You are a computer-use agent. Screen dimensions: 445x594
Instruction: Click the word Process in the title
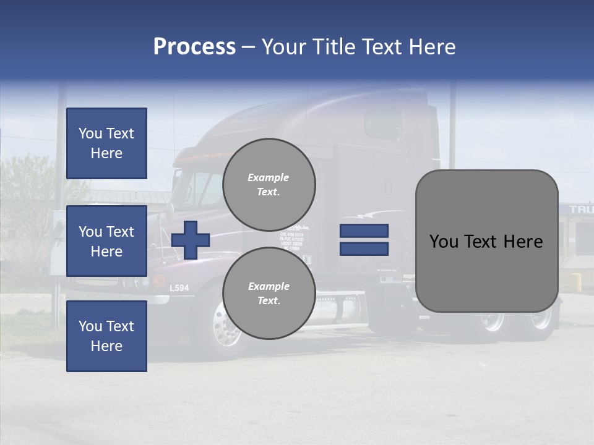194,47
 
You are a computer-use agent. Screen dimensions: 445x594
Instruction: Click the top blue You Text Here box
106,143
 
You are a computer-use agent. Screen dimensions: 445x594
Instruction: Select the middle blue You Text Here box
106,241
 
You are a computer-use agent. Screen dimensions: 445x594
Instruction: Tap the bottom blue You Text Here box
106,336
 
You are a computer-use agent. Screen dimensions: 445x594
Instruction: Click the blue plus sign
191,240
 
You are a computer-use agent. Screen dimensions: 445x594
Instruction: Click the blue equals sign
364,240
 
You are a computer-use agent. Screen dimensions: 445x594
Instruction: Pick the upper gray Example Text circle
269,184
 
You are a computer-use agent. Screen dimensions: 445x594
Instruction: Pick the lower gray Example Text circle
269,293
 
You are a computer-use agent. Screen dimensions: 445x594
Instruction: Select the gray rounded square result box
486,241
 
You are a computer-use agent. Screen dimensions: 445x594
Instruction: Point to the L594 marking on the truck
179,288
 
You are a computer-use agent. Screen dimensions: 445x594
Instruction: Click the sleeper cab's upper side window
382,124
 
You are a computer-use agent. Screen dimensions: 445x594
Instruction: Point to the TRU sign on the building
581,210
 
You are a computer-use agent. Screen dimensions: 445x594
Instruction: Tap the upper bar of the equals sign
364,231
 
